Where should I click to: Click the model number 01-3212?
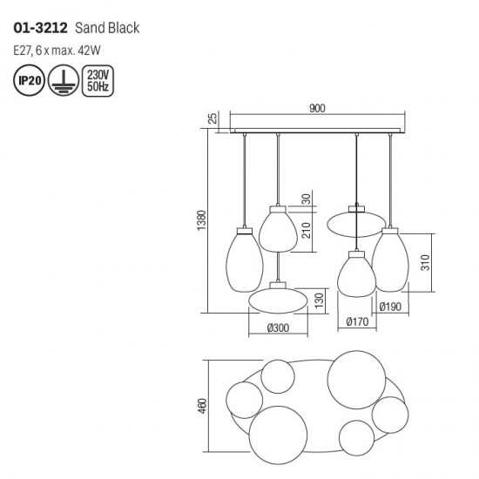(40, 28)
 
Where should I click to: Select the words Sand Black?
(107, 28)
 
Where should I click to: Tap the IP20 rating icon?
(30, 80)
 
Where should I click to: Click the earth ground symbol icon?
(64, 80)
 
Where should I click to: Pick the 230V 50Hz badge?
(98, 81)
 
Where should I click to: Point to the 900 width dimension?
(317, 108)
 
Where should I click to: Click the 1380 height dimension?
(202, 220)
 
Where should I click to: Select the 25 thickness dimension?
(213, 118)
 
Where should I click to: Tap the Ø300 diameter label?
(278, 327)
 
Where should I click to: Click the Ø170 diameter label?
(357, 321)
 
